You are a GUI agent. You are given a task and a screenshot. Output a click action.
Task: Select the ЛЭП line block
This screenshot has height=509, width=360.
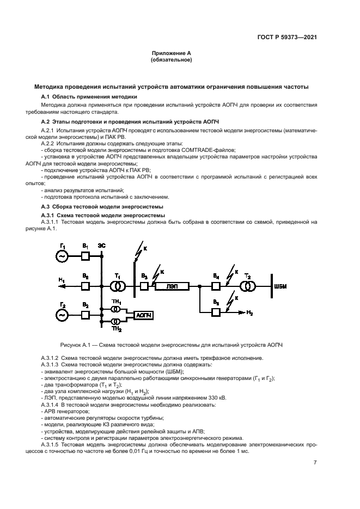click(x=172, y=285)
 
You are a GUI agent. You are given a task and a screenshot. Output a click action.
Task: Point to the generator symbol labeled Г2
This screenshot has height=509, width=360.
click(x=63, y=314)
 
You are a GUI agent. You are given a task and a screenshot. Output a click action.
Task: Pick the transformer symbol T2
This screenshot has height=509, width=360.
click(x=249, y=285)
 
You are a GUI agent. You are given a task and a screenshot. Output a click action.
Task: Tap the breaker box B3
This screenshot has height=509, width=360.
click(x=144, y=285)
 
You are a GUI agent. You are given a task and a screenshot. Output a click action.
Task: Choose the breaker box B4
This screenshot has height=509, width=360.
click(x=217, y=285)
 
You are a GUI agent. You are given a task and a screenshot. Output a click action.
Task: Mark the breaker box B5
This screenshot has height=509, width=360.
click(x=217, y=311)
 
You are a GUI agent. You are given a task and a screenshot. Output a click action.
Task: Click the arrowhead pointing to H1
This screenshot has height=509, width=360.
click(x=61, y=285)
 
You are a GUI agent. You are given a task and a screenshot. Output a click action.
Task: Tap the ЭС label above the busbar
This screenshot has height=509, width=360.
click(x=102, y=246)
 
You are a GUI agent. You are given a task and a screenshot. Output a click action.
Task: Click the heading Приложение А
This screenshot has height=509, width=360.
click(x=171, y=53)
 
